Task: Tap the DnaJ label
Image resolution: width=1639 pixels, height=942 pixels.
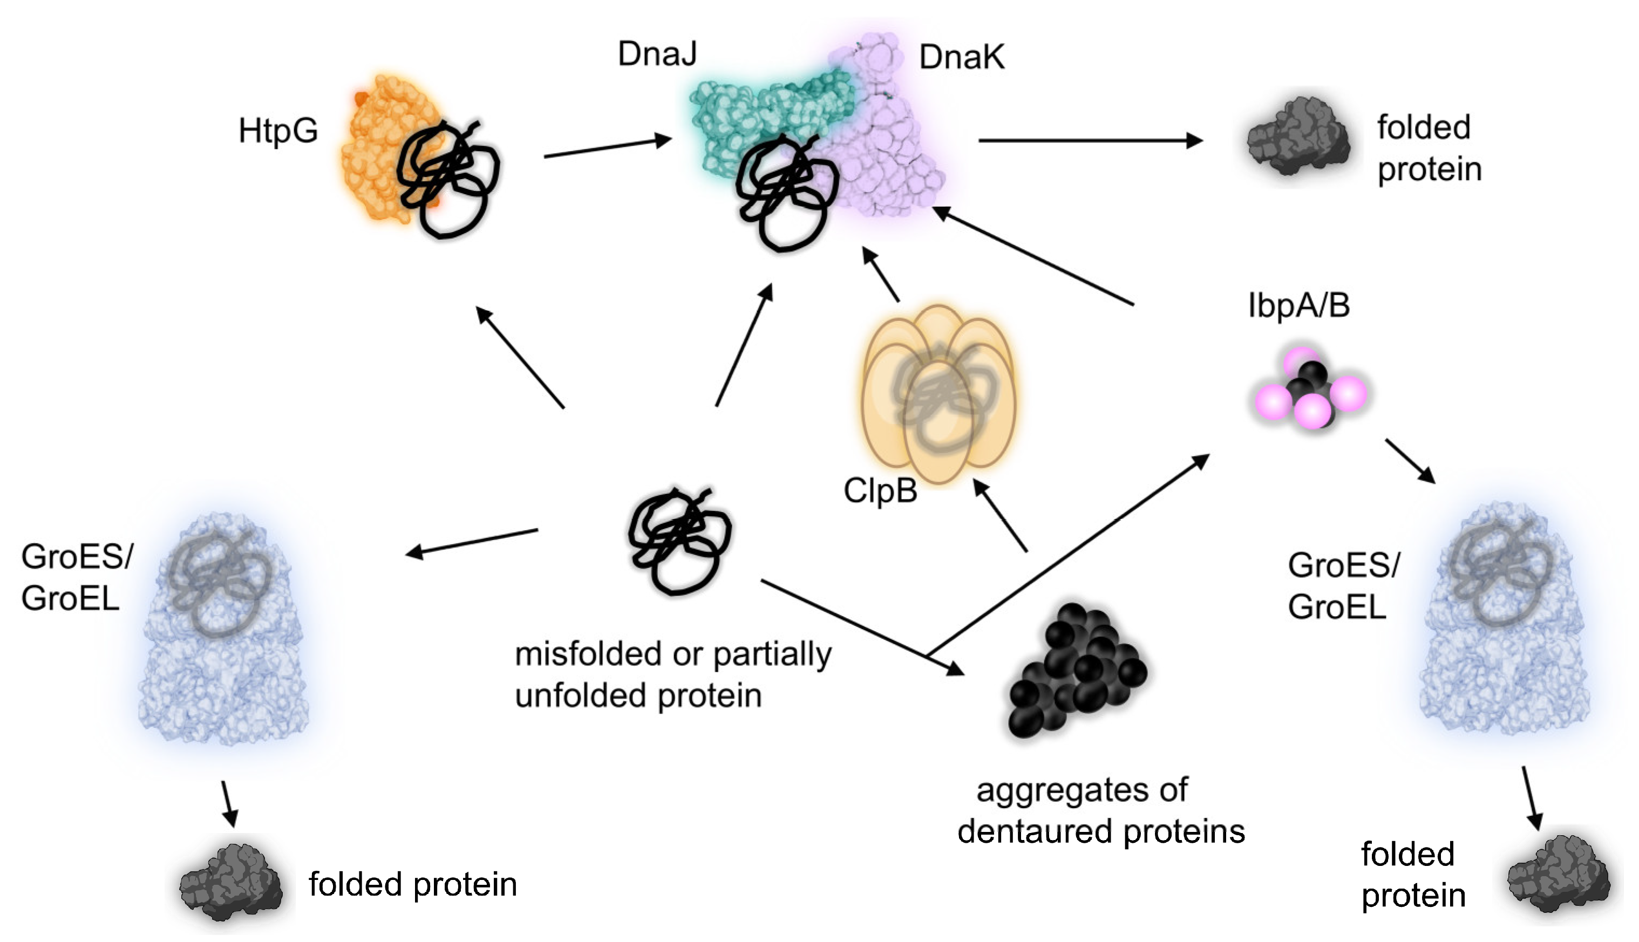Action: pos(657,54)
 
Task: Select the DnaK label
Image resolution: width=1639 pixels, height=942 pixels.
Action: pos(962,58)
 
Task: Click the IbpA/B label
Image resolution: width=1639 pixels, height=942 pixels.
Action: pos(1298,306)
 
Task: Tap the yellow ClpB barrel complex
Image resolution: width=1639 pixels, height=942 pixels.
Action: pos(938,394)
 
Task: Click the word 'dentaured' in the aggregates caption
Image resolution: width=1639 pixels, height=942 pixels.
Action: pos(1035,832)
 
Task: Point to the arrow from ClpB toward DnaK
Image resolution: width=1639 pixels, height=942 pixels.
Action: pos(881,276)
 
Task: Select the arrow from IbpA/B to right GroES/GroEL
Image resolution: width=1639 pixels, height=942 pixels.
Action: pos(1411,461)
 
